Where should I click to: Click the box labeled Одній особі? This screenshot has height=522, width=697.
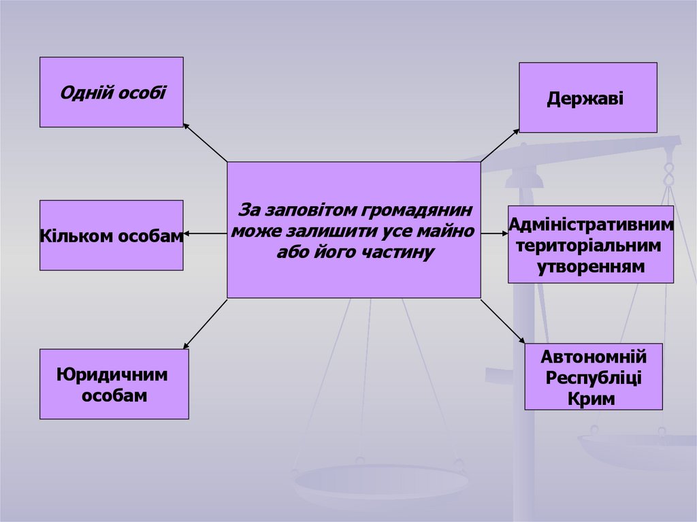(112, 92)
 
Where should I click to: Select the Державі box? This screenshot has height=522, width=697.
(588, 97)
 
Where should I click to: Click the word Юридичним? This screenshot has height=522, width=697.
(112, 375)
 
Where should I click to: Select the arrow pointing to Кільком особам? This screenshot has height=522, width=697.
(204, 234)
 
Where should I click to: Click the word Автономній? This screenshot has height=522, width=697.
(593, 356)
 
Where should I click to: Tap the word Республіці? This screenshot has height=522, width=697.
(594, 377)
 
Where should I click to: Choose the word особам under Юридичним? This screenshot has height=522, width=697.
(114, 395)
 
